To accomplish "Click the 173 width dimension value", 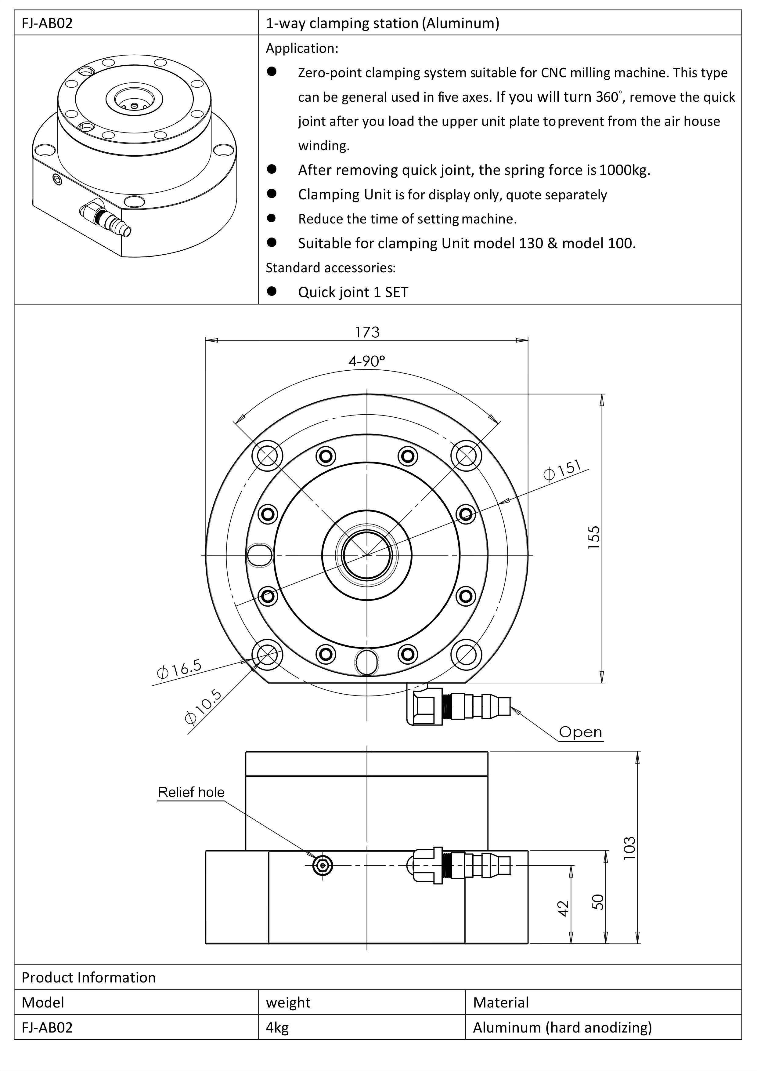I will [367, 332].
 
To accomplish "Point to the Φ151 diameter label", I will [563, 470].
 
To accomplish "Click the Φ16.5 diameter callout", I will [179, 669].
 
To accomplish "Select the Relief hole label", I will [191, 792].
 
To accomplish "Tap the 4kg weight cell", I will [277, 1028].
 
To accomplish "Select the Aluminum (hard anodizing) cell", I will [562, 1028].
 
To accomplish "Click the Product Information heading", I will [88, 977].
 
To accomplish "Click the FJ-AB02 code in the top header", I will [47, 23].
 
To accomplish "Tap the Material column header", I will [501, 1002].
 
